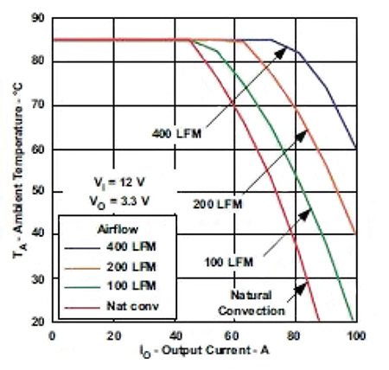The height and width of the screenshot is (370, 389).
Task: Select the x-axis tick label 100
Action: coord(354,335)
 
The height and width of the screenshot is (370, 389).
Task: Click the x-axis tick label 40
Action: coord(173,335)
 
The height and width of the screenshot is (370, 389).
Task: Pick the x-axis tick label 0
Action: coord(53,335)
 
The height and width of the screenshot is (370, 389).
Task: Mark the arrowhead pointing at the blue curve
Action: coord(284,49)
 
